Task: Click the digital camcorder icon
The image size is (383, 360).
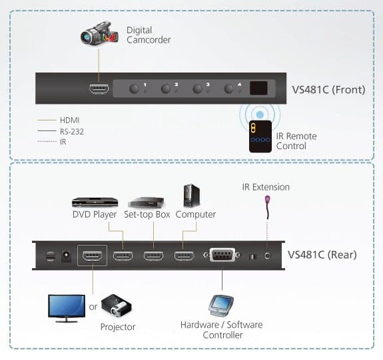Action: [99, 33]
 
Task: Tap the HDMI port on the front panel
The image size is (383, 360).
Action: [99, 89]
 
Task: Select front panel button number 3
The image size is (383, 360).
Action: [197, 89]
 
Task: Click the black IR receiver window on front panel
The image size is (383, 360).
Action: [258, 88]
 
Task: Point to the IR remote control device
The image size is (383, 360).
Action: [260, 136]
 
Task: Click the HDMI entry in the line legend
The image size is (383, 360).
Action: [70, 120]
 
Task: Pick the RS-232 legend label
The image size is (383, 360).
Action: [72, 132]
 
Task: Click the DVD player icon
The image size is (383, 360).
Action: [95, 202]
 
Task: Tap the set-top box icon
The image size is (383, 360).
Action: [146, 202]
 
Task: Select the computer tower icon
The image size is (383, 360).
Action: [192, 196]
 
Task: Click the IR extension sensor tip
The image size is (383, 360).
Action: [268, 200]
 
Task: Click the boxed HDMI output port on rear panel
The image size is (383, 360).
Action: [92, 256]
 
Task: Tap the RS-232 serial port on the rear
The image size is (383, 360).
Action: [222, 255]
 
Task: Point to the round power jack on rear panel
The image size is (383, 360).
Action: [66, 256]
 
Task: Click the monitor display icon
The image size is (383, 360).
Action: [67, 309]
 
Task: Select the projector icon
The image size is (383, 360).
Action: [117, 305]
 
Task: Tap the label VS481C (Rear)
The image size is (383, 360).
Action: [322, 255]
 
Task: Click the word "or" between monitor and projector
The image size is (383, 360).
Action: [93, 307]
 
